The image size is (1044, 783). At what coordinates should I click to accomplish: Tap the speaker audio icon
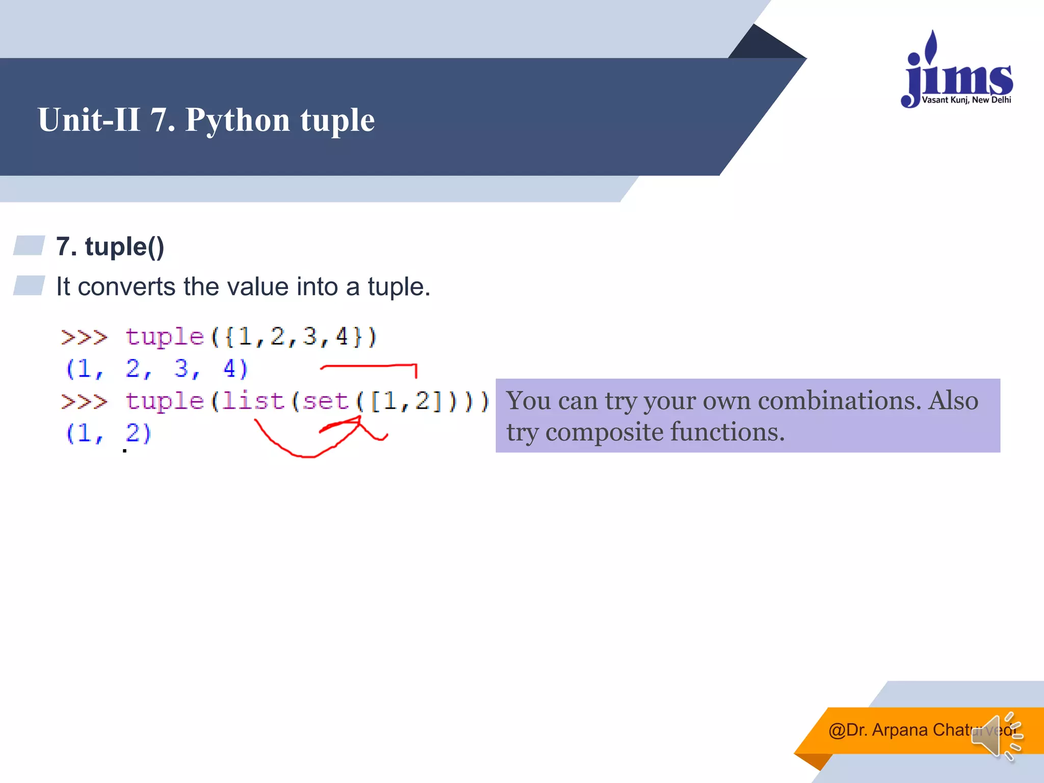point(996,736)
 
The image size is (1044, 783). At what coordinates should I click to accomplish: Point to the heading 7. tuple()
point(110,247)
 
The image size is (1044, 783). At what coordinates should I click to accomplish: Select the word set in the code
point(325,401)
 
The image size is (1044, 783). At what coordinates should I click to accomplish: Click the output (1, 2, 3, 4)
point(156,369)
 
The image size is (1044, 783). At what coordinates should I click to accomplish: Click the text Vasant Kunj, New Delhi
point(967,100)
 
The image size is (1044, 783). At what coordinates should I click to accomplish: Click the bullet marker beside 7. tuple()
point(29,245)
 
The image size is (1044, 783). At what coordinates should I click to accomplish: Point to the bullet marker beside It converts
point(29,285)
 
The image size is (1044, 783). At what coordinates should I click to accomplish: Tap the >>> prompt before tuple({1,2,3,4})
point(84,337)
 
